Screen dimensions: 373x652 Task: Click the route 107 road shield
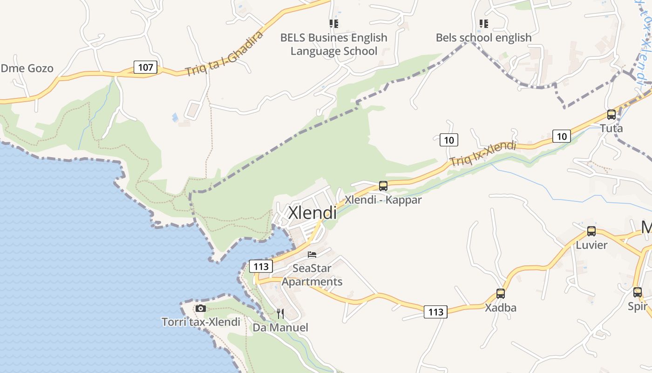pyautogui.click(x=145, y=67)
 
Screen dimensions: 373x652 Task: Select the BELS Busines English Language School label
pyautogui.click(x=333, y=44)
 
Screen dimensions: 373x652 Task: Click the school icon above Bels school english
pyautogui.click(x=483, y=23)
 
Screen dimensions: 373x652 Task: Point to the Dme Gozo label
pyautogui.click(x=27, y=69)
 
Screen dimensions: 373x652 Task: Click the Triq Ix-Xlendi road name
pyautogui.click(x=483, y=153)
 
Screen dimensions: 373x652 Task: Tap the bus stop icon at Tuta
pyautogui.click(x=611, y=114)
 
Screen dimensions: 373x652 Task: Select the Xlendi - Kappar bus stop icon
pyautogui.click(x=383, y=186)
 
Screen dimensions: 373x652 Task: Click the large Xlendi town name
pyautogui.click(x=312, y=213)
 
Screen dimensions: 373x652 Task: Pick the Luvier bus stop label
pyautogui.click(x=591, y=245)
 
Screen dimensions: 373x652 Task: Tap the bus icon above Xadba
pyautogui.click(x=500, y=293)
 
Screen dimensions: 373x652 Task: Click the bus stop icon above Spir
pyautogui.click(x=637, y=292)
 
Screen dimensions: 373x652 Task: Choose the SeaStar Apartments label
pyautogui.click(x=312, y=275)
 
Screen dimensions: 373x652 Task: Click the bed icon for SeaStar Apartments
pyautogui.click(x=312, y=255)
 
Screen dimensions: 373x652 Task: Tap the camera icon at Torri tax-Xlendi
pyautogui.click(x=201, y=308)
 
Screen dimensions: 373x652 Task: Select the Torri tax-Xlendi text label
pyautogui.click(x=201, y=322)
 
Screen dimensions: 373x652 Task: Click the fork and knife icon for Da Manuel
pyautogui.click(x=280, y=313)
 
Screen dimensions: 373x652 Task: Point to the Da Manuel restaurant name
pyautogui.click(x=280, y=327)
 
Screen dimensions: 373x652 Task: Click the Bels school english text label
pyautogui.click(x=483, y=38)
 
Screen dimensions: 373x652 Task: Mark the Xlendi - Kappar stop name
pyautogui.click(x=383, y=200)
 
